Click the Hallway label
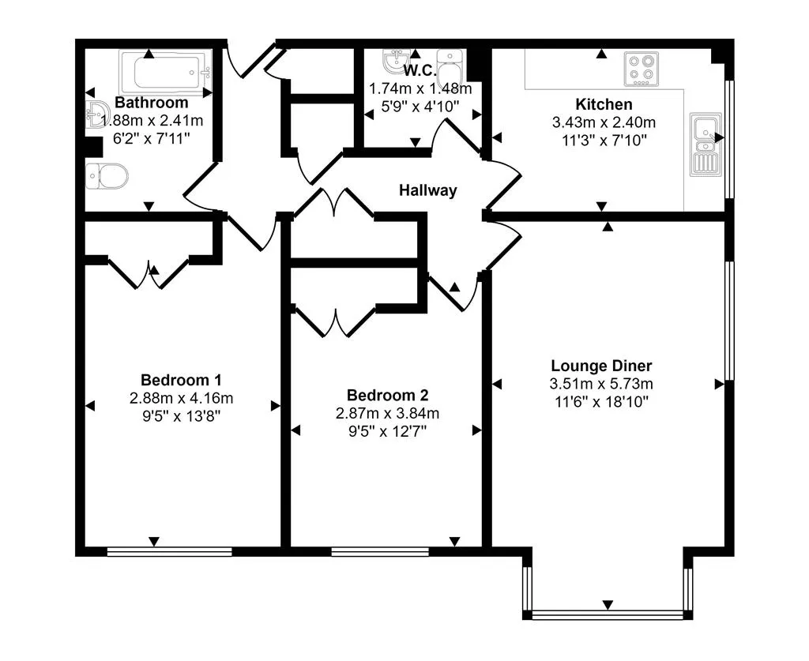[x=427, y=190]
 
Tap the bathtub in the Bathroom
[x=166, y=73]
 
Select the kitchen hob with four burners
[x=642, y=69]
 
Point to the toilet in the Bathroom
[x=107, y=176]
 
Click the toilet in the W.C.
[x=450, y=69]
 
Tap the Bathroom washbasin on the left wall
[x=96, y=114]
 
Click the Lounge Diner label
[x=601, y=366]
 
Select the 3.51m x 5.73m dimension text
[x=601, y=384]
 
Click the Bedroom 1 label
[x=181, y=380]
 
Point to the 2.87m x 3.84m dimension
[x=387, y=413]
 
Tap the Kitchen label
[x=604, y=104]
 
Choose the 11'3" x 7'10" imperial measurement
[x=604, y=141]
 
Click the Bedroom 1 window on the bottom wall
[x=170, y=552]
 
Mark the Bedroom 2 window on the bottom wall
[x=380, y=552]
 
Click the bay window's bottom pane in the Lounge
[x=608, y=614]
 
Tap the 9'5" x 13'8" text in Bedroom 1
[x=181, y=416]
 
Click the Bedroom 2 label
[x=387, y=395]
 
